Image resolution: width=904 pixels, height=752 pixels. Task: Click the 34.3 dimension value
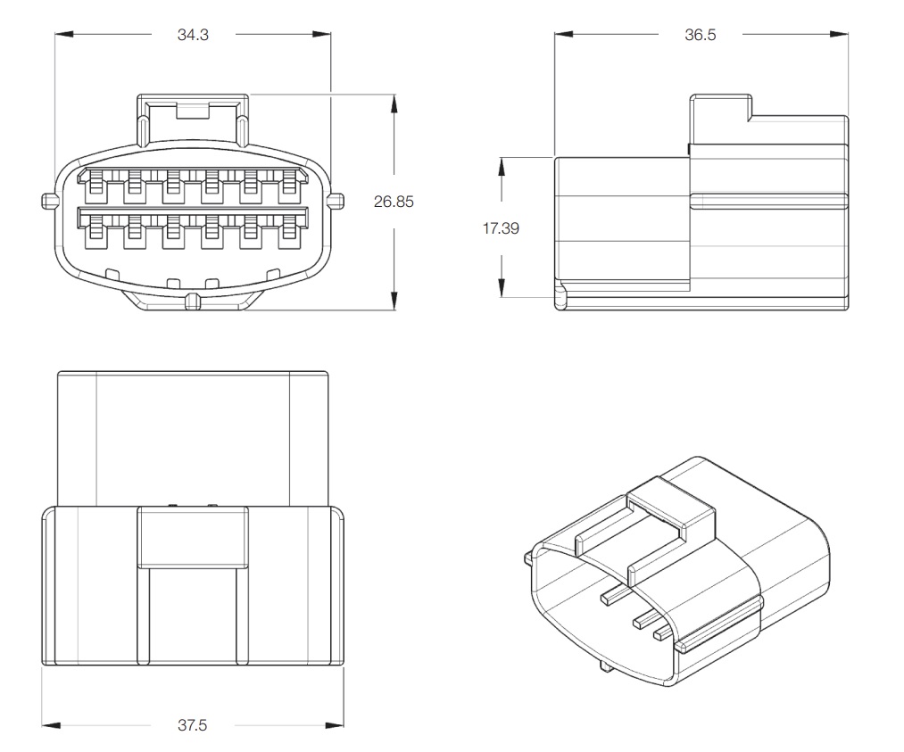[193, 35]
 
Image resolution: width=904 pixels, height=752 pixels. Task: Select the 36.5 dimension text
[700, 35]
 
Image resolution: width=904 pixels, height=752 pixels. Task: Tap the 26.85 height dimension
[394, 202]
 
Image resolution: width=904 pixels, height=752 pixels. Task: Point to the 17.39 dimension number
[502, 227]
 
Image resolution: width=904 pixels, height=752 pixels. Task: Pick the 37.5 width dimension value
[192, 725]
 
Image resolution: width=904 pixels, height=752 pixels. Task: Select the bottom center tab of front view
[192, 302]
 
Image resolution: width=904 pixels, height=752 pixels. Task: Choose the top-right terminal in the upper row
[290, 186]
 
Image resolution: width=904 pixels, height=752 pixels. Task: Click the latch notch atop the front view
[192, 111]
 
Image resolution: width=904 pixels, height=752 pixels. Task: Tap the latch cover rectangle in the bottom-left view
[192, 536]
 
